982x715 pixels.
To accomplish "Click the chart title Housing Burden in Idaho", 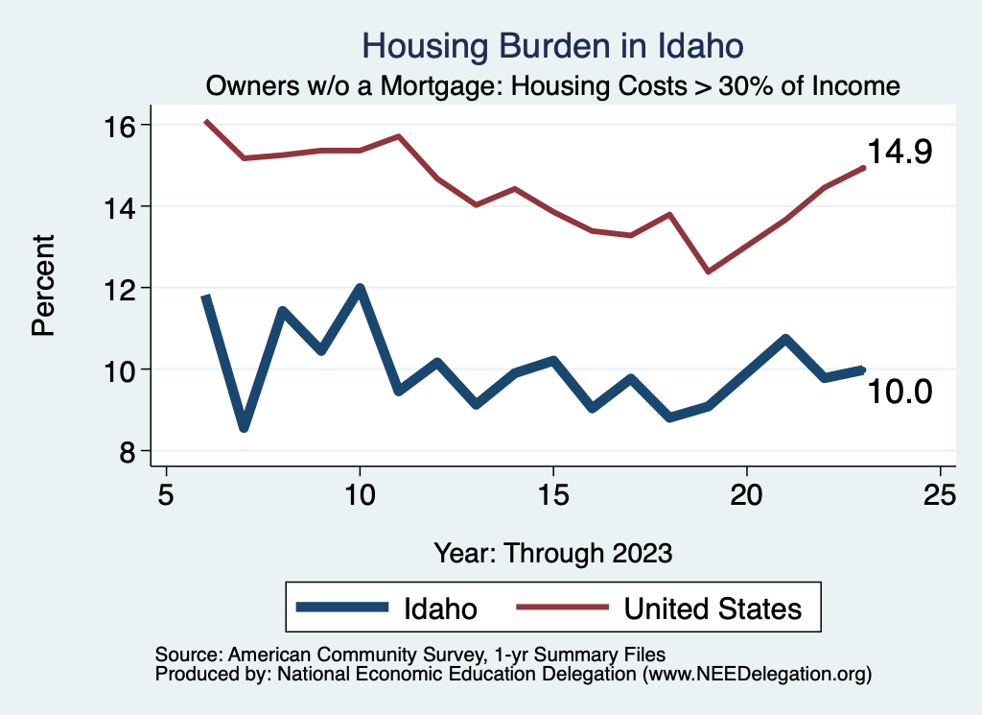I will pyautogui.click(x=553, y=45).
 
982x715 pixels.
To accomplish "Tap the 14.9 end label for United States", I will pyautogui.click(x=899, y=152).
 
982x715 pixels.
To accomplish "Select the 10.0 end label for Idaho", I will pyautogui.click(x=899, y=392).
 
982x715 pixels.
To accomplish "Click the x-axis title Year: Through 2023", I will pyautogui.click(x=553, y=553).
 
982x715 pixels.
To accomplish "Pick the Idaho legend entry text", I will pyautogui.click(x=441, y=608).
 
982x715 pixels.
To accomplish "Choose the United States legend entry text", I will pyautogui.click(x=713, y=608).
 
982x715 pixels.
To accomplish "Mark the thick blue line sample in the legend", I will pyautogui.click(x=342, y=608).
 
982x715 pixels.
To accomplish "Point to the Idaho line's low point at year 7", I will pyautogui.click(x=245, y=428).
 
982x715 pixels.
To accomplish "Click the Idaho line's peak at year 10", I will pyautogui.click(x=360, y=288).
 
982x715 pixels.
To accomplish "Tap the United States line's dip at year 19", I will pyautogui.click(x=708, y=272).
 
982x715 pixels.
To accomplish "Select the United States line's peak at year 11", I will pyautogui.click(x=398, y=136).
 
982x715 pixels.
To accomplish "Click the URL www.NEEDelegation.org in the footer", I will pyautogui.click(x=757, y=674).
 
